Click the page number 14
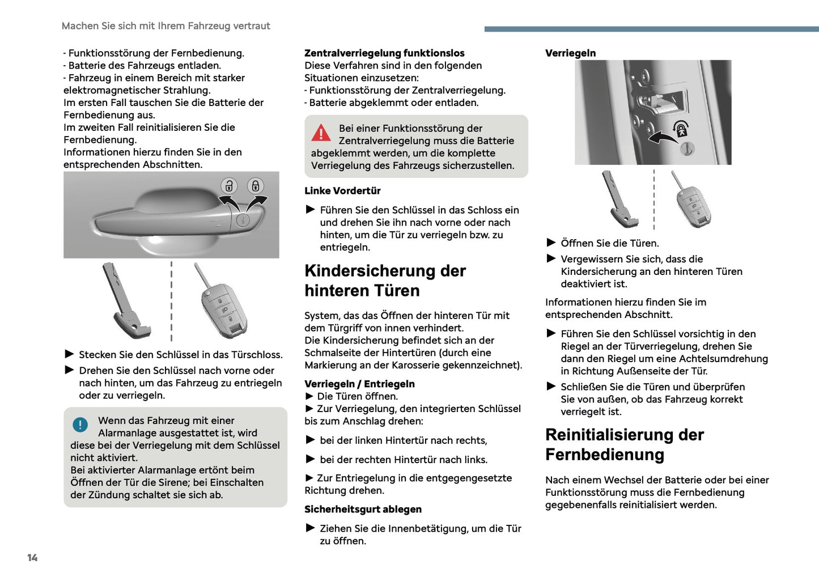click(x=32, y=558)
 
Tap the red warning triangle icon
click(x=321, y=133)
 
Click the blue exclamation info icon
click(x=80, y=425)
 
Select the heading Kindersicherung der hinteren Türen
click(x=385, y=281)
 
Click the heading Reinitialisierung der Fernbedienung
click(x=624, y=444)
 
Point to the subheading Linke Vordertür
click(x=342, y=191)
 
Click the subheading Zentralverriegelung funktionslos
click(x=384, y=53)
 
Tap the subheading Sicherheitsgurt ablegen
click(x=363, y=510)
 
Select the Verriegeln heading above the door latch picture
click(x=570, y=53)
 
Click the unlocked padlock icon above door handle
click(x=229, y=186)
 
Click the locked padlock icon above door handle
click(x=256, y=186)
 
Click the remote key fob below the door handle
click(x=224, y=307)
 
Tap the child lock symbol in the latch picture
click(x=681, y=129)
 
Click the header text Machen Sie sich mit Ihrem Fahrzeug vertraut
click(x=166, y=26)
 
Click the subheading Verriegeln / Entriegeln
click(x=359, y=384)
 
